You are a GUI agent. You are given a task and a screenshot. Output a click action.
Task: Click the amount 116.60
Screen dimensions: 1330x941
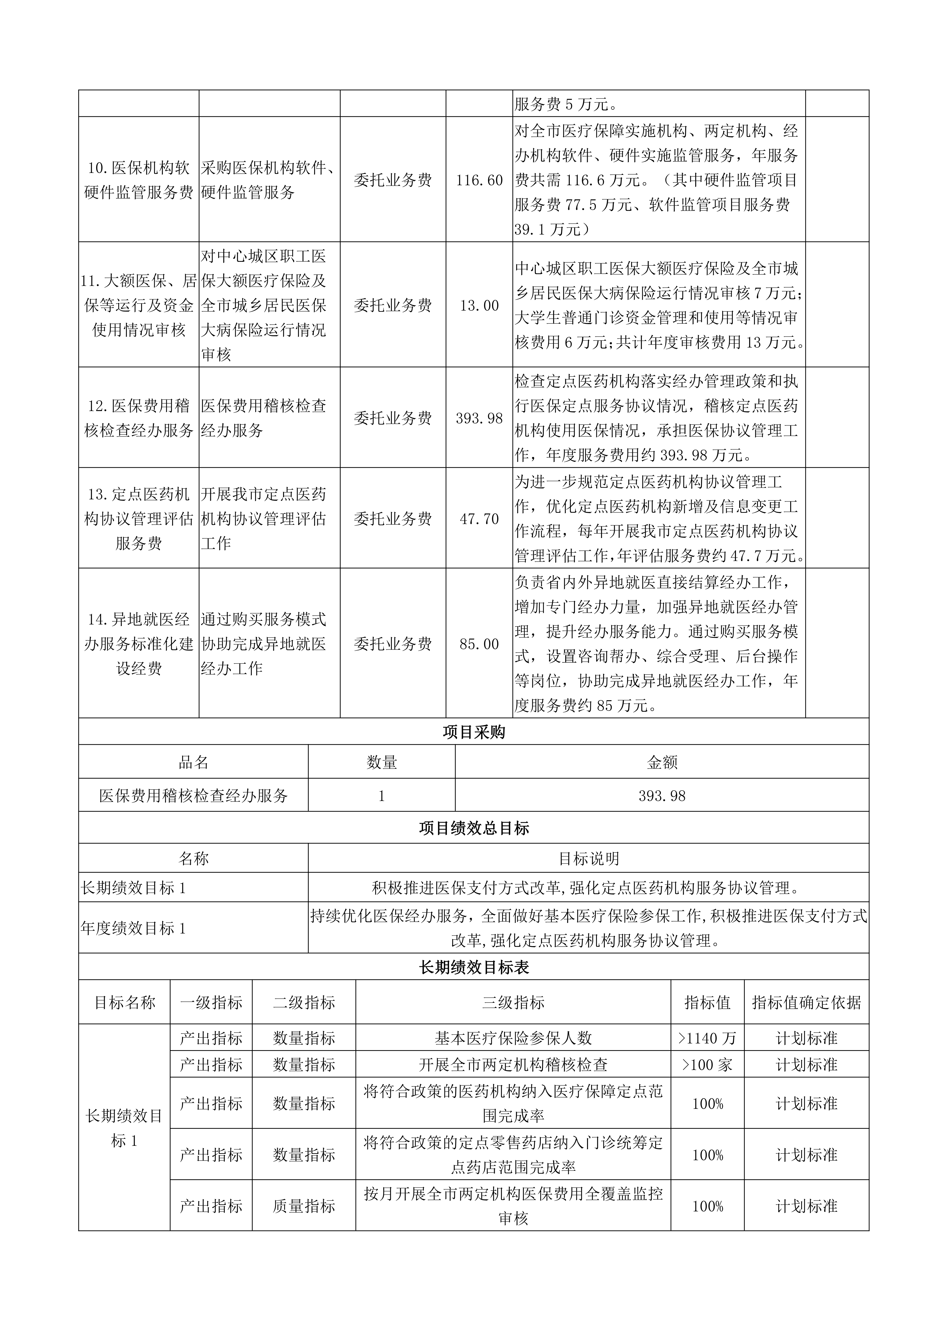point(479,180)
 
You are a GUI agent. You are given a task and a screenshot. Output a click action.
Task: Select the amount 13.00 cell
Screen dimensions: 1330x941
point(479,305)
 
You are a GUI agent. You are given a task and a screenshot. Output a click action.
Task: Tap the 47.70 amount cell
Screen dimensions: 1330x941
point(479,518)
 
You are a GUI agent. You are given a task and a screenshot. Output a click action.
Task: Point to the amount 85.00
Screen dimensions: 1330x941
point(479,644)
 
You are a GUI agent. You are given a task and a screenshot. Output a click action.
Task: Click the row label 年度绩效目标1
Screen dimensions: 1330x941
point(134,928)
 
